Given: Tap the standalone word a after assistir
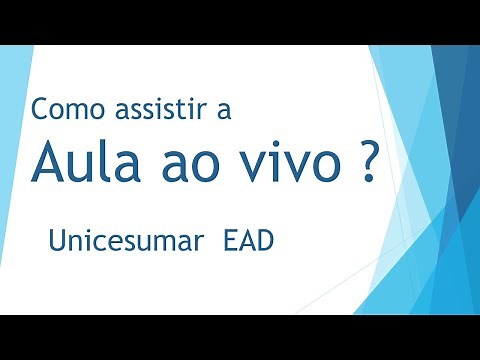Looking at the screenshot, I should click(x=223, y=111).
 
